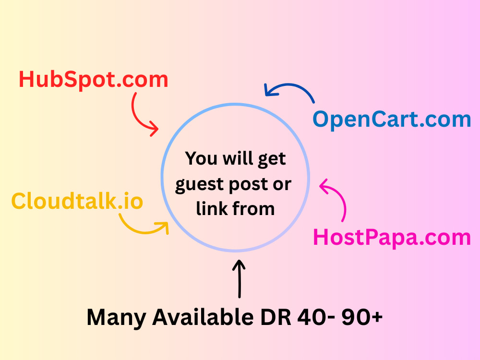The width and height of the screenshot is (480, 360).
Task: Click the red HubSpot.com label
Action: pyautogui.click(x=94, y=80)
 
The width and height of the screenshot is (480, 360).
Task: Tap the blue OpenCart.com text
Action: pyautogui.click(x=392, y=120)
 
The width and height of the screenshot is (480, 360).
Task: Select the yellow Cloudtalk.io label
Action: pyautogui.click(x=77, y=201)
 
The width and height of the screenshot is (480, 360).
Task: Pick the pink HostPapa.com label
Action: pyautogui.click(x=392, y=238)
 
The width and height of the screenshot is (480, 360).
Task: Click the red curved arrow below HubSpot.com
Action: pyautogui.click(x=137, y=119)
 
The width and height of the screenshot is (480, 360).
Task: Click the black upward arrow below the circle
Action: pyautogui.click(x=240, y=278)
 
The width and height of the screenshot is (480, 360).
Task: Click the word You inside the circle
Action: pyautogui.click(x=201, y=158)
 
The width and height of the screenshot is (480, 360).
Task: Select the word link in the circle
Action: pyautogui.click(x=212, y=209)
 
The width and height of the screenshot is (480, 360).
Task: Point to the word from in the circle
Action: pyautogui.click(x=253, y=209)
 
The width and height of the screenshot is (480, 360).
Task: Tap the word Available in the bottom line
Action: pyautogui.click(x=203, y=317)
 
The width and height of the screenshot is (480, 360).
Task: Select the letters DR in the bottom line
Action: pyautogui.click(x=276, y=317)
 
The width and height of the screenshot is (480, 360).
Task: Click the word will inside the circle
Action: pyautogui.click(x=238, y=158)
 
